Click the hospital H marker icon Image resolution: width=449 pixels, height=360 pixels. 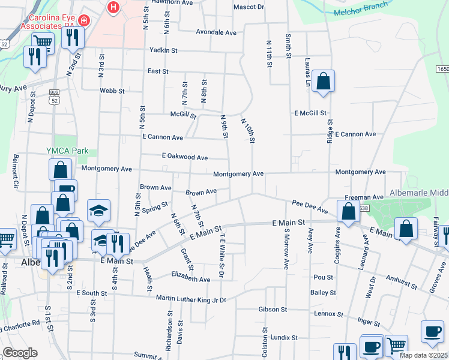(x=112, y=7)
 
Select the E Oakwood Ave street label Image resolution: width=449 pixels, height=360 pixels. (x=185, y=157)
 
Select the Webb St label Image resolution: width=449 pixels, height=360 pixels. (x=112, y=91)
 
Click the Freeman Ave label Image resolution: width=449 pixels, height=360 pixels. (x=364, y=197)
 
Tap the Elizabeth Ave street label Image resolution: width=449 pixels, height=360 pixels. (x=191, y=279)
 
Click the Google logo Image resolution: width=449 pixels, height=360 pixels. (x=19, y=352)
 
